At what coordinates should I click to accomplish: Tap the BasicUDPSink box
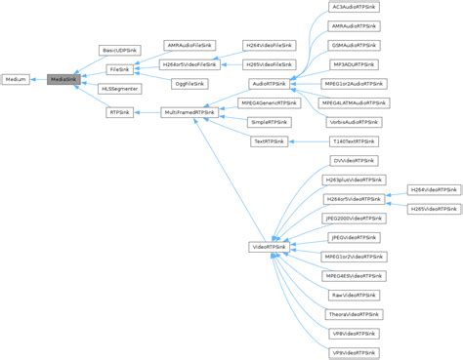[x=121, y=49]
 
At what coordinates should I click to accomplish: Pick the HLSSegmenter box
[x=121, y=90]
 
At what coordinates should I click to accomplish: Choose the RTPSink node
[x=121, y=113]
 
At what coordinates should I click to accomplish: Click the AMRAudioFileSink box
[x=189, y=46]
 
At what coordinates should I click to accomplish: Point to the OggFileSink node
[x=189, y=84]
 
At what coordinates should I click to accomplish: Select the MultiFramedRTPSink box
[x=189, y=113]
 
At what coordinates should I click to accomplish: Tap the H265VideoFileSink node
[x=269, y=64]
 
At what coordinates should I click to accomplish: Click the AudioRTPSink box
[x=269, y=84]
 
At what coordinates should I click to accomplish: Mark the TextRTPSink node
[x=269, y=141]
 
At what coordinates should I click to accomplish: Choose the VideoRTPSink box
[x=269, y=247]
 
